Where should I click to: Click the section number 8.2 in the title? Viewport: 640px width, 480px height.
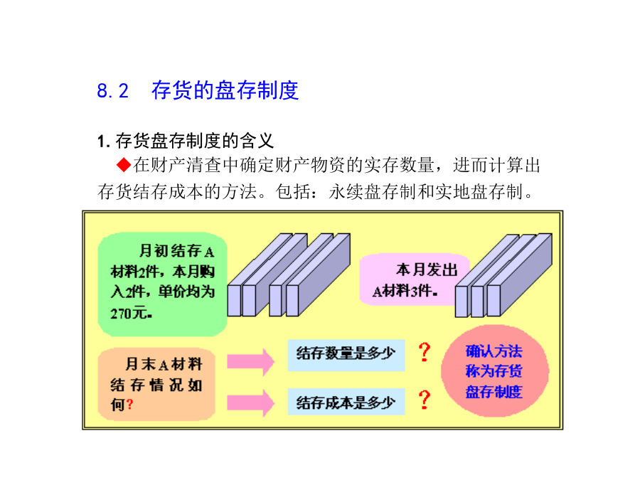point(112,90)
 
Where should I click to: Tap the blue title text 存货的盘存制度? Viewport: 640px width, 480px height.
point(225,90)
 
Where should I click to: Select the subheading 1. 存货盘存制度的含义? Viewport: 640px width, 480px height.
point(186,141)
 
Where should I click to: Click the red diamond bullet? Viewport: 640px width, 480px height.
point(123,165)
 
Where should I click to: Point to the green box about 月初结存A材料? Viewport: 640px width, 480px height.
point(162,284)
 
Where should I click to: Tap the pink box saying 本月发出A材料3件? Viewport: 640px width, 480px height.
point(415,280)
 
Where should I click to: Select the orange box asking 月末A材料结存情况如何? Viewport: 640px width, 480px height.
point(156,384)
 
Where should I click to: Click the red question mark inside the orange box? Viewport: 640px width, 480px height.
point(130,405)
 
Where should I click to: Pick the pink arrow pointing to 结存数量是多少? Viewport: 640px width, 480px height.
point(250,362)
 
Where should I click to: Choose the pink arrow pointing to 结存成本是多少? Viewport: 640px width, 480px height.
point(250,403)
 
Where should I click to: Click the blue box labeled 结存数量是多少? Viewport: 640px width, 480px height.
point(346,356)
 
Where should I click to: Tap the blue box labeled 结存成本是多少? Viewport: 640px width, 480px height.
point(346,402)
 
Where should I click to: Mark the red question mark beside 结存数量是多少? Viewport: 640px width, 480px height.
point(425,352)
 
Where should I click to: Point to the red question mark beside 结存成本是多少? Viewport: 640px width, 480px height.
point(425,400)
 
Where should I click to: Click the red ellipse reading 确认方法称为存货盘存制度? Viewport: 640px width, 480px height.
point(495,371)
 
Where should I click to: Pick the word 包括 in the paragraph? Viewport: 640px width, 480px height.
point(293,191)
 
